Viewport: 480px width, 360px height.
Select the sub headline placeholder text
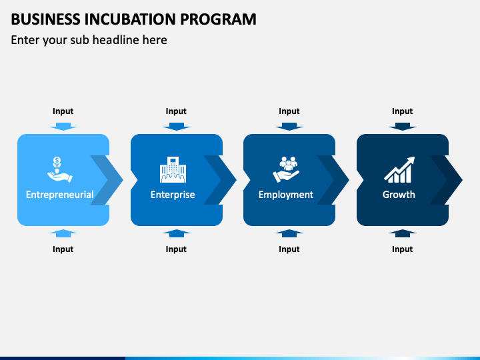89,40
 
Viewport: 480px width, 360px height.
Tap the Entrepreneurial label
59,195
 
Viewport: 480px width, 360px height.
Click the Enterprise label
173,195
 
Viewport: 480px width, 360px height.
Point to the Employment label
285,195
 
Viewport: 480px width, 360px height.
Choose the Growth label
399,195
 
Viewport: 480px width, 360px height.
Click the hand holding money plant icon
59,169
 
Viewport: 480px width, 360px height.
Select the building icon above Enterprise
173,169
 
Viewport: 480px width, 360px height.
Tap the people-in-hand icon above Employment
286,169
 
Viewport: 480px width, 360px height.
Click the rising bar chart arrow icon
399,169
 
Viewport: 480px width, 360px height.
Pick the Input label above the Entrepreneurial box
63,111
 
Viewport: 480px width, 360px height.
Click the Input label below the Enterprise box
176,249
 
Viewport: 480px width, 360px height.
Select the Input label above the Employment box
289,111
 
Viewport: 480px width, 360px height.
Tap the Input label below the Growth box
402,249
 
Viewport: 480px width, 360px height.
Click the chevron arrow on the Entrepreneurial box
109,179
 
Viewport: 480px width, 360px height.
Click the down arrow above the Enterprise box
176,126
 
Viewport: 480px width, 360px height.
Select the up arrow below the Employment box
289,233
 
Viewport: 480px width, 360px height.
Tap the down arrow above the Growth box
402,126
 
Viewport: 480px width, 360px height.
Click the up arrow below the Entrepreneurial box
63,233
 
